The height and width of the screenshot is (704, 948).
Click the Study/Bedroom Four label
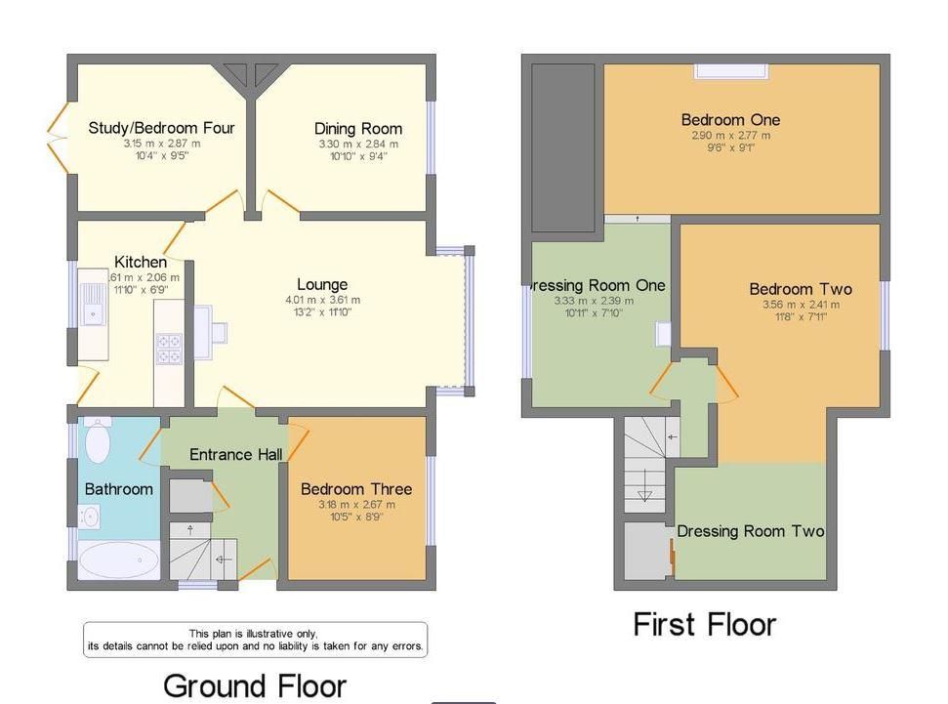(161, 128)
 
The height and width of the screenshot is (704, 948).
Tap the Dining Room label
(357, 129)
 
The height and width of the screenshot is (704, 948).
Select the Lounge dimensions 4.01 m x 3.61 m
(322, 300)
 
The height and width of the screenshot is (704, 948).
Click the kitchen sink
(94, 303)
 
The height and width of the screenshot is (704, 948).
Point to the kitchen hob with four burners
(169, 349)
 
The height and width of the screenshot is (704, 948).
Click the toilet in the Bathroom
(98, 441)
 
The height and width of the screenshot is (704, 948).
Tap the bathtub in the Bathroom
(118, 561)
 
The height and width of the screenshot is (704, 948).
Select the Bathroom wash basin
(90, 516)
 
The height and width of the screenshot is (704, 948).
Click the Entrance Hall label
(235, 454)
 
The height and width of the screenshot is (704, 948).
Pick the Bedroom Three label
(355, 489)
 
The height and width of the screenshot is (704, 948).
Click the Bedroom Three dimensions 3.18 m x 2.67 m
(355, 505)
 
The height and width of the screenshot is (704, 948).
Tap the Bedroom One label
(730, 120)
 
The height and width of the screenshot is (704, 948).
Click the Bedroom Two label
(800, 289)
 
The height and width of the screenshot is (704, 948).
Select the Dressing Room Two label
(750, 531)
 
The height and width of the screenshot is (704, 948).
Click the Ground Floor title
(254, 685)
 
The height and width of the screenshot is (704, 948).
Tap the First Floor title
(704, 624)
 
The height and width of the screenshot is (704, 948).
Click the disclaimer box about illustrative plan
(255, 640)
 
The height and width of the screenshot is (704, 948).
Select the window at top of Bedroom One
(730, 70)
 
